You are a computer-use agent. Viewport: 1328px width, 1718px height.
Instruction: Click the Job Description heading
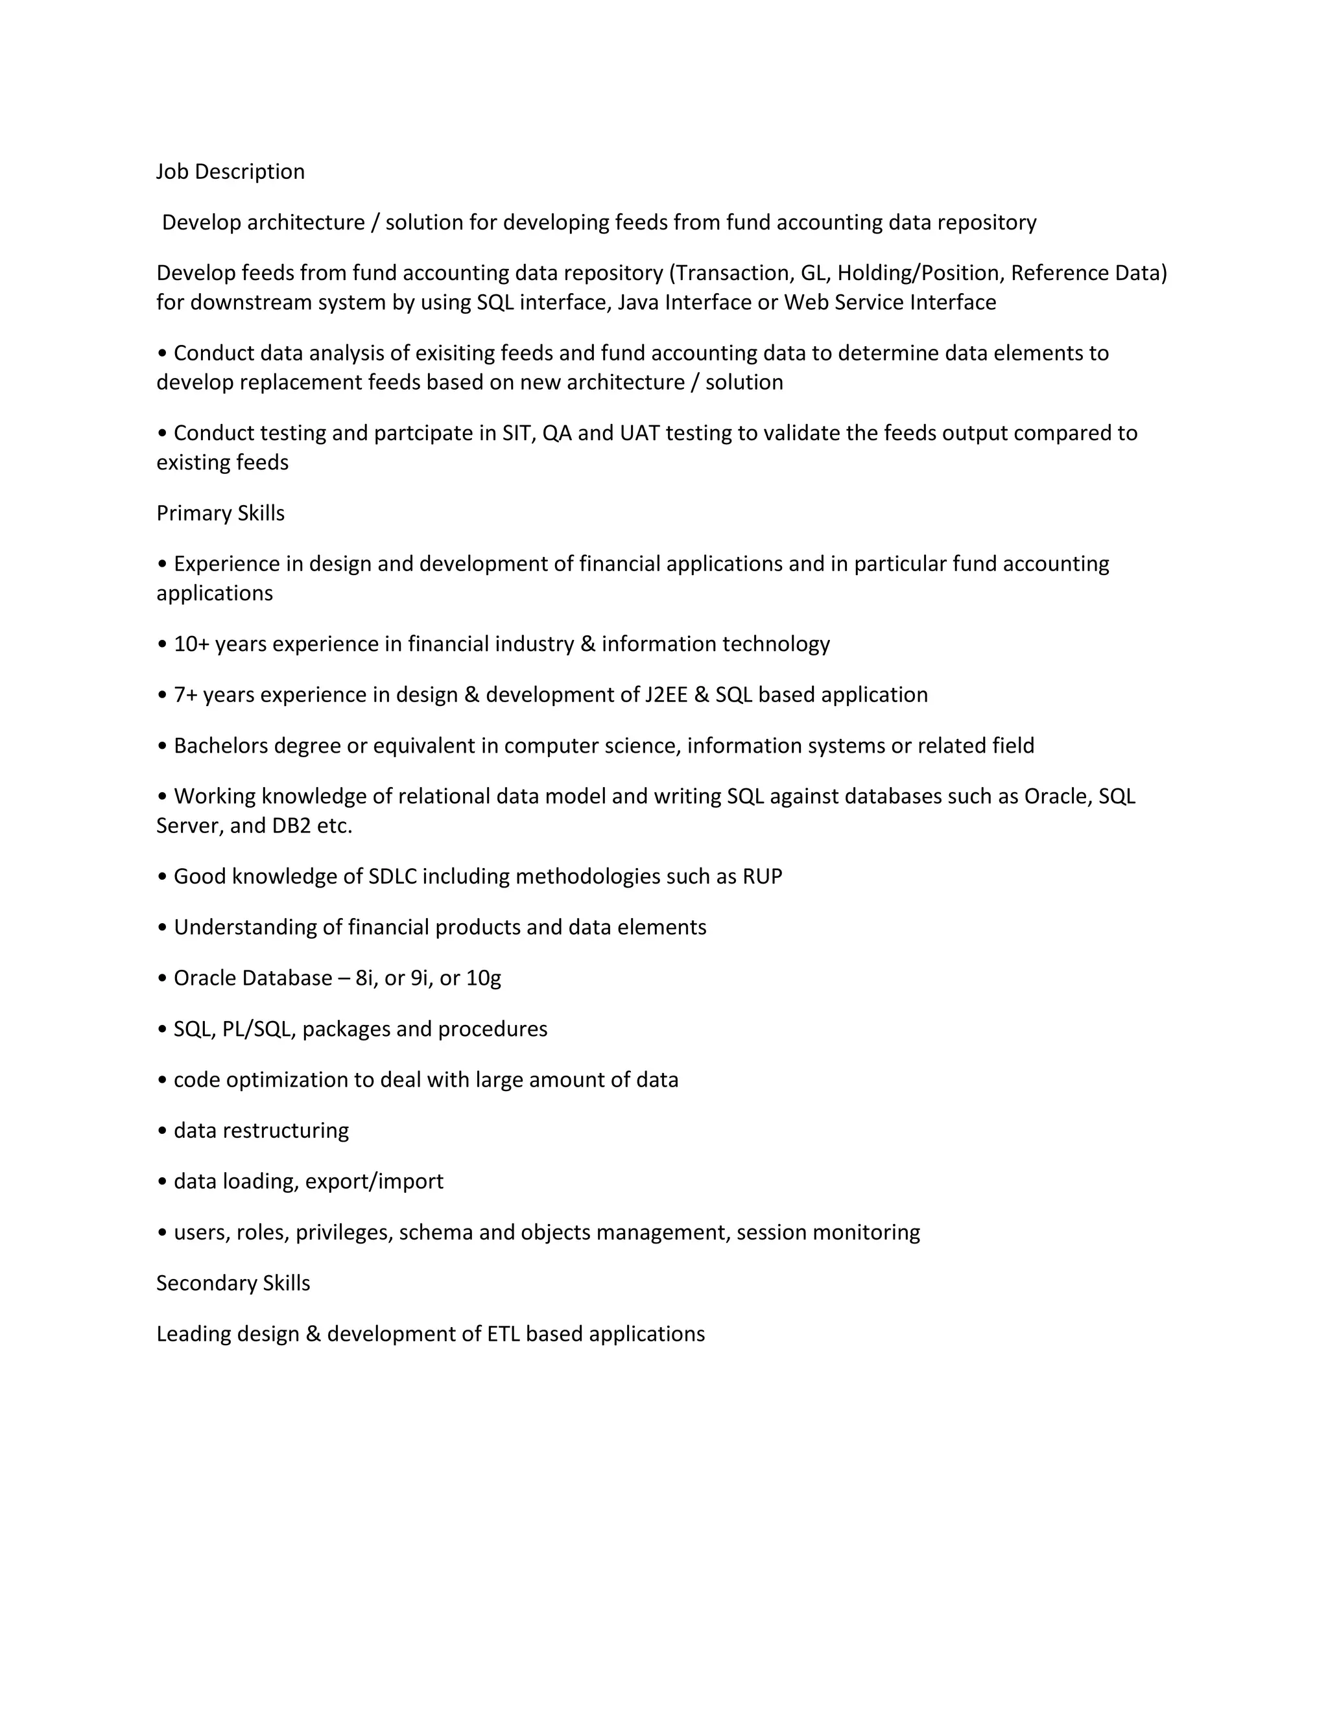(x=230, y=172)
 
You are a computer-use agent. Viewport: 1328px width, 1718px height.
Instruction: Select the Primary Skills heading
(x=220, y=513)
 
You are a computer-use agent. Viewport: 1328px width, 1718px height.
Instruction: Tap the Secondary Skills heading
(x=233, y=1283)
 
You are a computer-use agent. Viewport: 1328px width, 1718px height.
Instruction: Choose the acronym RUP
(x=763, y=877)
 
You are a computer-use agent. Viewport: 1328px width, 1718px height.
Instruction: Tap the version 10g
(x=483, y=978)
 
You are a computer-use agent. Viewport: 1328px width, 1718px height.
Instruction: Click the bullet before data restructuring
(x=162, y=1131)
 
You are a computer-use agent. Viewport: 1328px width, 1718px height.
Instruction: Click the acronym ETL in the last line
(x=503, y=1334)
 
